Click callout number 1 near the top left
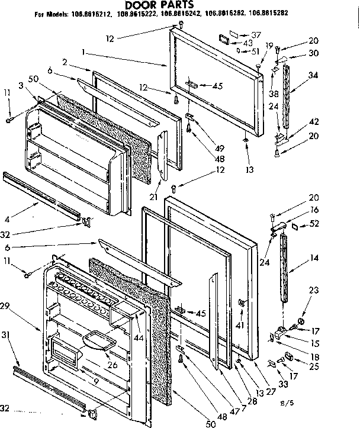(85, 53)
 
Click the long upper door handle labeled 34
(288, 98)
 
